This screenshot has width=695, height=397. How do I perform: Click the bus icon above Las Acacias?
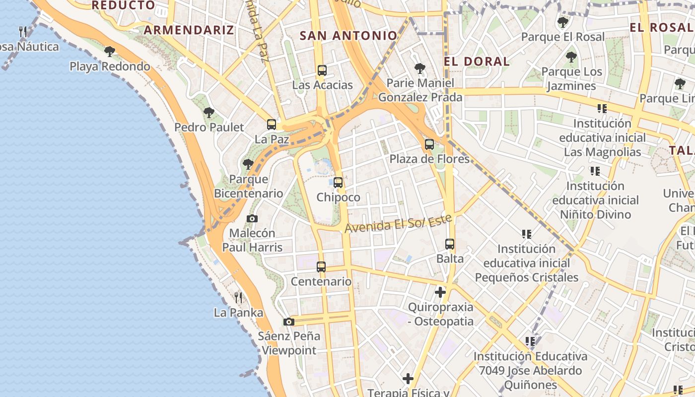point(322,70)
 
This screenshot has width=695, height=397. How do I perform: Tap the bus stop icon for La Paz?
point(272,125)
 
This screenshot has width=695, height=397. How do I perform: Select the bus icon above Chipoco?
point(338,183)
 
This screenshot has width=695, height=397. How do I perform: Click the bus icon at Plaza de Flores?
point(429,144)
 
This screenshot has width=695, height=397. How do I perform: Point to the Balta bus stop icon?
point(450,244)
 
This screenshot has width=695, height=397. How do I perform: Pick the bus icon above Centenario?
point(321,267)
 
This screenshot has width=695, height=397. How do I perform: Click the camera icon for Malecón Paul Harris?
point(252,218)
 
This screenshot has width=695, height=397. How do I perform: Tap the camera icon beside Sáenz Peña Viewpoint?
point(289,322)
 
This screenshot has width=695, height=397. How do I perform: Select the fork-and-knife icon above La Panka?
point(238,298)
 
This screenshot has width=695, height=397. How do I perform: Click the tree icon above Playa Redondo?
point(110,51)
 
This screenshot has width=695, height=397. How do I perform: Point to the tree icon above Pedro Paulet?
point(209,112)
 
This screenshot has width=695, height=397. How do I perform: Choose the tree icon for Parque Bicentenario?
point(248,164)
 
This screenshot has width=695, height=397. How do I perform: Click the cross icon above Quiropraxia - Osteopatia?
point(440,292)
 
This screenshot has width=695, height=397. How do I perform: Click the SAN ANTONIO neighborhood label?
point(348,36)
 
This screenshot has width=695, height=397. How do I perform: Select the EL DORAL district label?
point(477,62)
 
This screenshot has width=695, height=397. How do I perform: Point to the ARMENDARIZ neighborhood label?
point(189,30)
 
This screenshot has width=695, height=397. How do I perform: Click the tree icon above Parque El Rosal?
point(562,22)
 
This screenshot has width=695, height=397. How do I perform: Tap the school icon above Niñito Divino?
point(595,171)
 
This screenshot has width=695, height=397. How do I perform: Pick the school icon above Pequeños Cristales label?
point(527,234)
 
